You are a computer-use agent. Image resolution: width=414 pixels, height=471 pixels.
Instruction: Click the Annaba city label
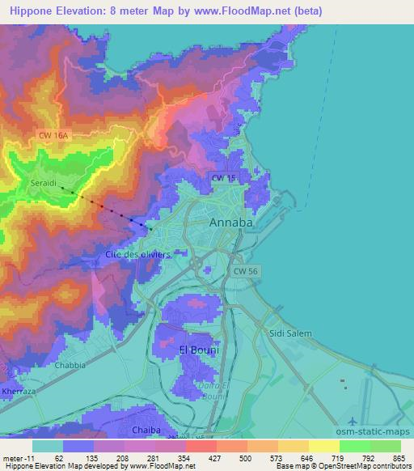231,222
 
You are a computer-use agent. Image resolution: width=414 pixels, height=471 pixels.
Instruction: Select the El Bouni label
193,350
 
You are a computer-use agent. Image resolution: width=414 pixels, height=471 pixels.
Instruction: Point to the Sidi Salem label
290,333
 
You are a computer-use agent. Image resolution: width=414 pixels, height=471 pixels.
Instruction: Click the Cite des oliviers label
138,254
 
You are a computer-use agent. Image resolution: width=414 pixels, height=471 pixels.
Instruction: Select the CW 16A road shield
53,138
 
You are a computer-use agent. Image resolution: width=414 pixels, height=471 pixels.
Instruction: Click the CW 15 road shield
223,176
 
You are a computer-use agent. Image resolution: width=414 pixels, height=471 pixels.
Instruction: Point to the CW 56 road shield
246,271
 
